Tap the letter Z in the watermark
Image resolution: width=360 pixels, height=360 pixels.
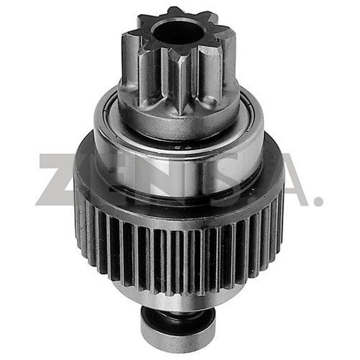[63, 180]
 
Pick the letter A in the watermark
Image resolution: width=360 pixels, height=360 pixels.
[282, 180]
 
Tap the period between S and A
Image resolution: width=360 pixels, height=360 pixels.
[256, 200]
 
